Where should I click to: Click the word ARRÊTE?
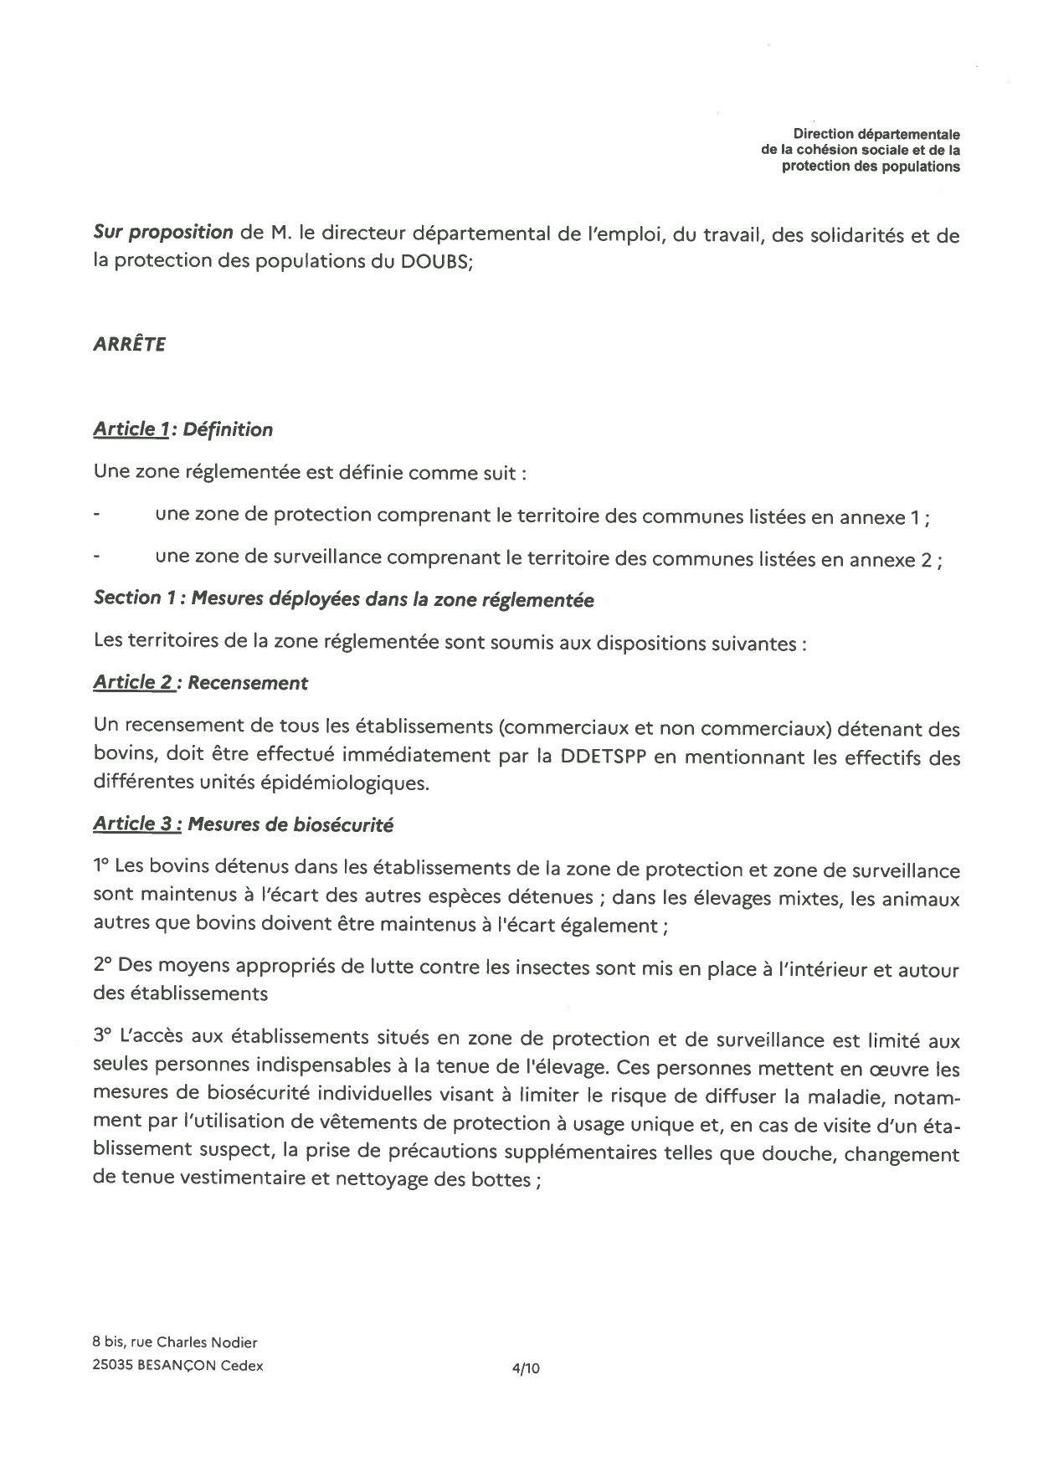[x=129, y=345]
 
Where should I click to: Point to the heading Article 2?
[x=133, y=682]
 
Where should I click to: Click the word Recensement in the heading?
[x=248, y=683]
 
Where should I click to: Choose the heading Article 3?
[x=136, y=824]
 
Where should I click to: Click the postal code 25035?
[x=111, y=1365]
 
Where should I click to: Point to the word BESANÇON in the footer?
[x=172, y=1365]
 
